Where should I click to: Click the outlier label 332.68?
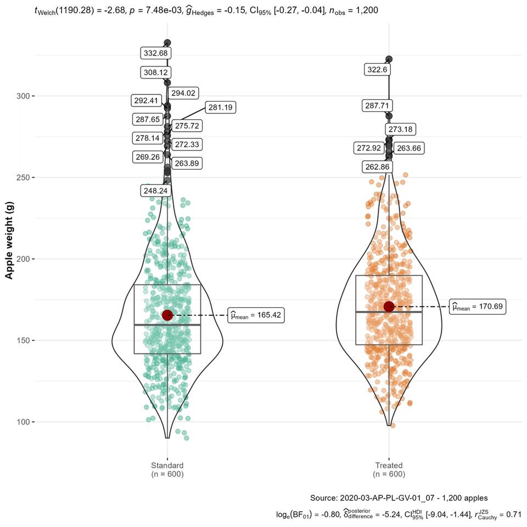tap(156, 53)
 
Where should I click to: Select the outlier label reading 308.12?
tap(156, 72)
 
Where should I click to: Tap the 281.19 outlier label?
tap(220, 108)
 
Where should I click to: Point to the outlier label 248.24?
tap(156, 190)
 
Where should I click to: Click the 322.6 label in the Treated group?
tap(378, 69)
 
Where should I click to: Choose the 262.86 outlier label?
tap(378, 167)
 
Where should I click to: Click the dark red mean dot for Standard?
tap(167, 315)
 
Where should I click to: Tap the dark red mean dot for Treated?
tap(389, 306)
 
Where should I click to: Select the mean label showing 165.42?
tap(256, 316)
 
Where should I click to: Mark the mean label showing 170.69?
tap(478, 307)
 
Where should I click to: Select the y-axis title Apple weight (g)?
tap(9, 240)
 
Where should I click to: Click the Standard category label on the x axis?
tap(167, 469)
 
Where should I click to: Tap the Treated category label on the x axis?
tap(389, 469)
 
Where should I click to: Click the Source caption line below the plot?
tap(399, 498)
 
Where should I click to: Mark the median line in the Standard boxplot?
tap(167, 325)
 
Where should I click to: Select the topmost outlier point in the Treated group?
tap(389, 59)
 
